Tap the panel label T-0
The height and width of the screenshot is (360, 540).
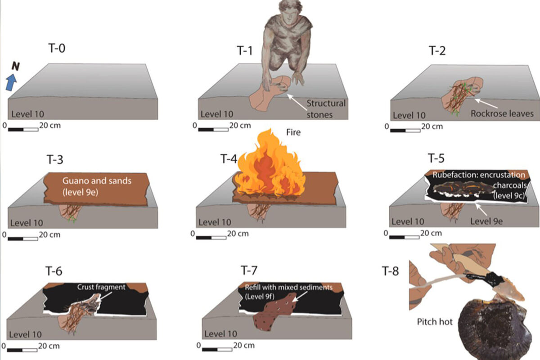click(57, 48)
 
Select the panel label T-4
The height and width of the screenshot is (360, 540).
click(229, 159)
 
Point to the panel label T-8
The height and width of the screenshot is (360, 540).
click(391, 271)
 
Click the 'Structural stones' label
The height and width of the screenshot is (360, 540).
click(326, 109)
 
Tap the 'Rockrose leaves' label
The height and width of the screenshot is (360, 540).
click(502, 113)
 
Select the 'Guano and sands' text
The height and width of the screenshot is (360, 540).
click(97, 181)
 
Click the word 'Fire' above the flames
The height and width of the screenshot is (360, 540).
click(293, 132)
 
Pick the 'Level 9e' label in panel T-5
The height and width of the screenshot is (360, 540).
click(486, 221)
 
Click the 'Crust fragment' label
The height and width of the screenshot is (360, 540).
click(101, 287)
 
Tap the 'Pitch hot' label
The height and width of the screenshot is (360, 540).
click(435, 322)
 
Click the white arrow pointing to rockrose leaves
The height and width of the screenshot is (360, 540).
click(486, 103)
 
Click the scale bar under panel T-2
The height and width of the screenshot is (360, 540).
click(405, 130)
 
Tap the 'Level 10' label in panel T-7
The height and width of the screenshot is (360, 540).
click(220, 334)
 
